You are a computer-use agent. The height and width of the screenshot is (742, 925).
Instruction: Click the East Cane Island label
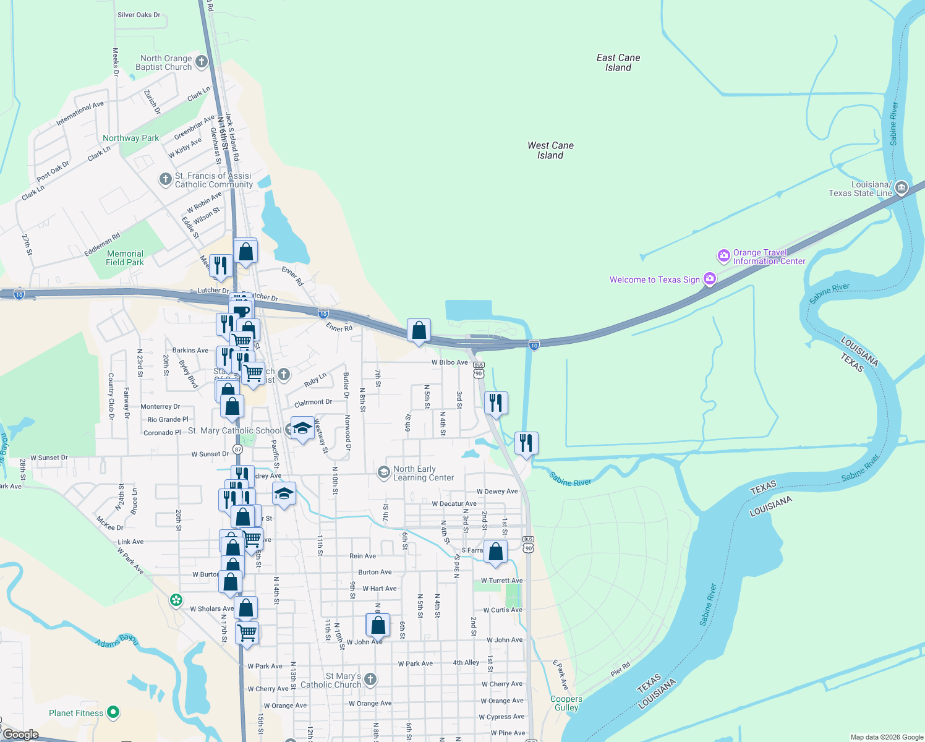click(618, 62)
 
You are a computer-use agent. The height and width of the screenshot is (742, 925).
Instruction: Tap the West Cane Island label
click(550, 150)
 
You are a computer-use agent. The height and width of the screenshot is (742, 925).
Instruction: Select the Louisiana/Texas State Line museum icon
click(901, 187)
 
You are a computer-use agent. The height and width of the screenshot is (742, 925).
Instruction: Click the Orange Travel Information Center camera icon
click(723, 255)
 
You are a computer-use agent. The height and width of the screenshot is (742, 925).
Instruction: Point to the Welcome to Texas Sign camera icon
click(710, 279)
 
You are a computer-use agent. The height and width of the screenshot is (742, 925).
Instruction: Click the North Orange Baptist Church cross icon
click(201, 62)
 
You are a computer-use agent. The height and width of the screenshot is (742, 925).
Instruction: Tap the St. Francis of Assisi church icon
click(165, 179)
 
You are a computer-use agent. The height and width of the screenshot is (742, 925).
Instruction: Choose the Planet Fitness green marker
click(113, 712)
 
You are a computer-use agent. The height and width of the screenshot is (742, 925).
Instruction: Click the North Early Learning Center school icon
click(383, 472)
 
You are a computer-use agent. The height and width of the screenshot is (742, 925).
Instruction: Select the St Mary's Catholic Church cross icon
click(370, 680)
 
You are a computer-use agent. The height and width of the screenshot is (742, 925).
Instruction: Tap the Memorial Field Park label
click(125, 258)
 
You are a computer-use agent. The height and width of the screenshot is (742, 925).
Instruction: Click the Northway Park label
click(130, 138)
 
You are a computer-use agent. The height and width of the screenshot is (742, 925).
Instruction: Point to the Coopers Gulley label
click(566, 703)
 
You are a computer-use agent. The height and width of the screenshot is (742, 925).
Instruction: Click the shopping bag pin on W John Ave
click(378, 625)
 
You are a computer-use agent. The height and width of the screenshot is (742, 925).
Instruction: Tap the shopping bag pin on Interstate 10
click(419, 331)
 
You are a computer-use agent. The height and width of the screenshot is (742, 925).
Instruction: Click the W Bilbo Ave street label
click(450, 362)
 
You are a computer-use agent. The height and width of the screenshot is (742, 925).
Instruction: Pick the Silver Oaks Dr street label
click(139, 15)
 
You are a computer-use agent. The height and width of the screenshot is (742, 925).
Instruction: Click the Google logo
click(20, 735)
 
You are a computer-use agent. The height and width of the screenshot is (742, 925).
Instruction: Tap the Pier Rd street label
click(620, 669)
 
